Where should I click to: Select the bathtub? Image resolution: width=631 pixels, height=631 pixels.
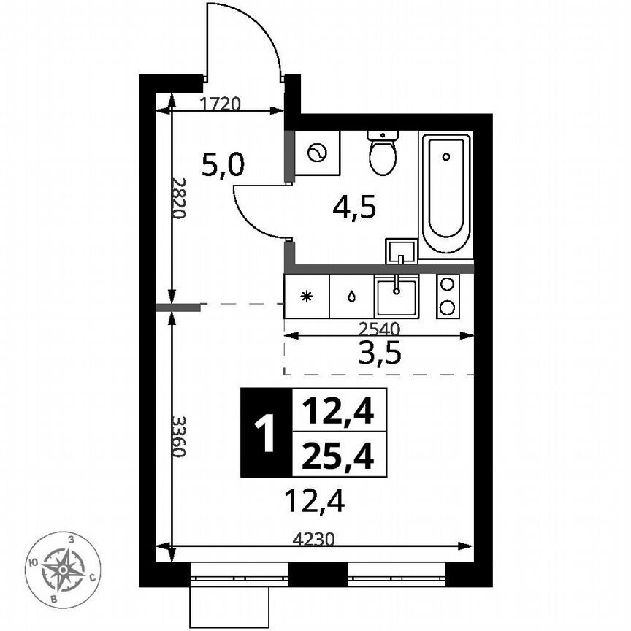click(445, 193)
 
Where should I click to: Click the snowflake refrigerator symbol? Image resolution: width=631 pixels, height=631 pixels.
click(307, 297)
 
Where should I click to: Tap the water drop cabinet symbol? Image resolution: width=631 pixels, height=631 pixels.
click(351, 297)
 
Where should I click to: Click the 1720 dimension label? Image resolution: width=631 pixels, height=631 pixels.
click(220, 103)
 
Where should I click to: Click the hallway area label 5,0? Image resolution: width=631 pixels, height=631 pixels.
click(223, 167)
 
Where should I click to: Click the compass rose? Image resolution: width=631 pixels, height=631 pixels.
click(63, 570)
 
